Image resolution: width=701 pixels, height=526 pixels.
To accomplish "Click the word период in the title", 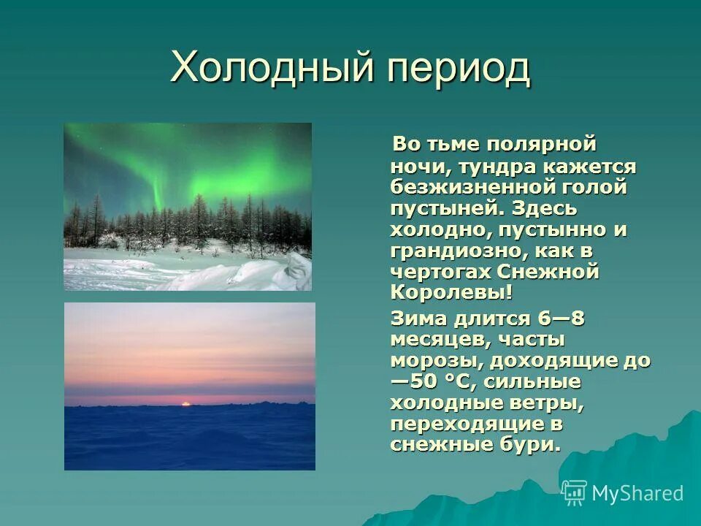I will [x=459, y=69].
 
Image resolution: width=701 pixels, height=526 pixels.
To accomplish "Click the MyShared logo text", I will [x=637, y=493].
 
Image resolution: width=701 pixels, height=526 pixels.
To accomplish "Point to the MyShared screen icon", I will [x=575, y=493].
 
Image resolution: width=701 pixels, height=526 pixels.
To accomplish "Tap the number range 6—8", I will [x=561, y=319].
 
